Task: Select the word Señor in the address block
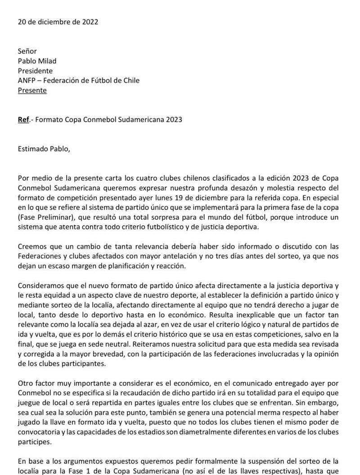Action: click(27, 51)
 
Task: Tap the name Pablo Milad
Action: click(37, 61)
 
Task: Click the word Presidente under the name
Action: click(35, 71)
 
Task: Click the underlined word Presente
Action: click(32, 90)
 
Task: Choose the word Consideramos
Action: click(41, 286)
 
